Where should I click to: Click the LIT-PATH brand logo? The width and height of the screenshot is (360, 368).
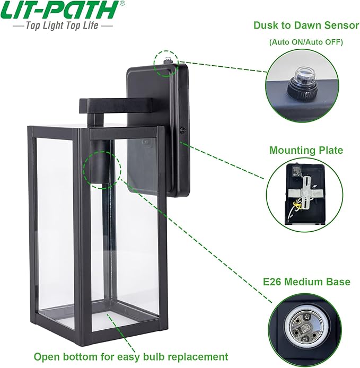[60, 10]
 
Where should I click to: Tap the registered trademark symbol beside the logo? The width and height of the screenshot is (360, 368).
[122, 3]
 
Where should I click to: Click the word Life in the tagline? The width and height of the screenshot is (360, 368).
[89, 25]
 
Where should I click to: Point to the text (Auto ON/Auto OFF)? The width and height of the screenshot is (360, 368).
[306, 42]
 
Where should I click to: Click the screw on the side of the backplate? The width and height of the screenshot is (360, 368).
[182, 129]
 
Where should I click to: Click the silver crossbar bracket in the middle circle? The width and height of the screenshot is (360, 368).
[305, 193]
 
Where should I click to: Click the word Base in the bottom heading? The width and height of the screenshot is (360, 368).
[339, 282]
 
